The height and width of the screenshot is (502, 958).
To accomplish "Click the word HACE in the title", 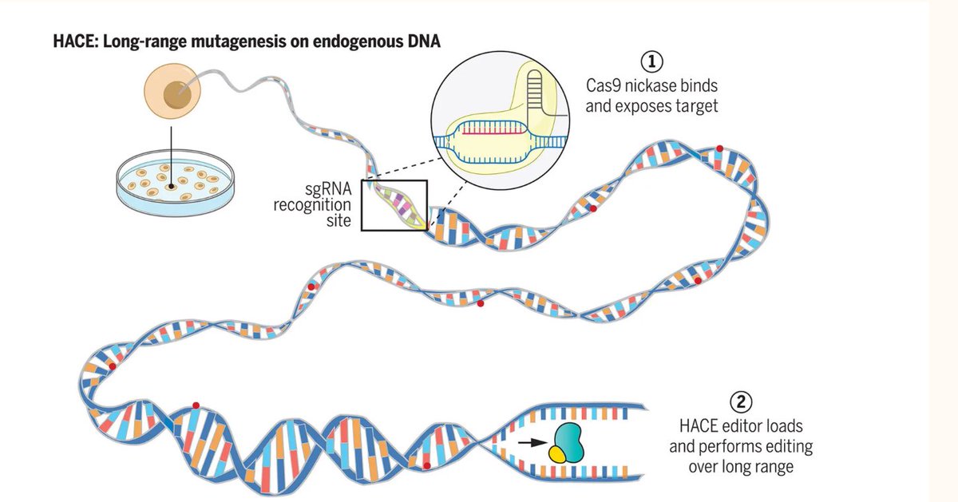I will (73, 40).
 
